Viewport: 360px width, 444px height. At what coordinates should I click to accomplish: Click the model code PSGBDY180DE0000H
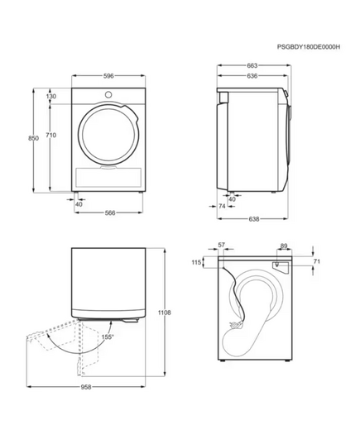(309, 47)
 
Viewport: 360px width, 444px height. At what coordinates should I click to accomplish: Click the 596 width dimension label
(108, 76)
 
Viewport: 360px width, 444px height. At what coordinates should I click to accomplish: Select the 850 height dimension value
(33, 138)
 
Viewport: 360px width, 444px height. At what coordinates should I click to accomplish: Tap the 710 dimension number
(51, 136)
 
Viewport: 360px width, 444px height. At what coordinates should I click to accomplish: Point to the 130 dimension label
(51, 96)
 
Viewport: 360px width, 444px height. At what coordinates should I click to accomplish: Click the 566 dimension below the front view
(110, 212)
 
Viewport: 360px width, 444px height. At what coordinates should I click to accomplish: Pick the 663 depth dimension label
(252, 65)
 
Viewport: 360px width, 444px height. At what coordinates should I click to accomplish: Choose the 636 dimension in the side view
(252, 76)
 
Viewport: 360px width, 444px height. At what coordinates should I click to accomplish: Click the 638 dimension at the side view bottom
(254, 219)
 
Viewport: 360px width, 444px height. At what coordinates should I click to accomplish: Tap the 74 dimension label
(222, 206)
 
